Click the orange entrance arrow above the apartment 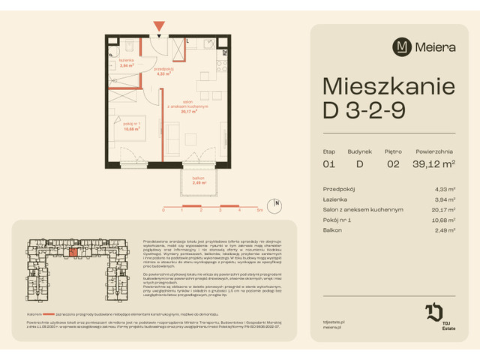[159, 28]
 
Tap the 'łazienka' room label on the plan [126, 62]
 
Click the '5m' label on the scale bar [259, 211]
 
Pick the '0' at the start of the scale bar [163, 211]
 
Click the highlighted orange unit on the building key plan [72, 253]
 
